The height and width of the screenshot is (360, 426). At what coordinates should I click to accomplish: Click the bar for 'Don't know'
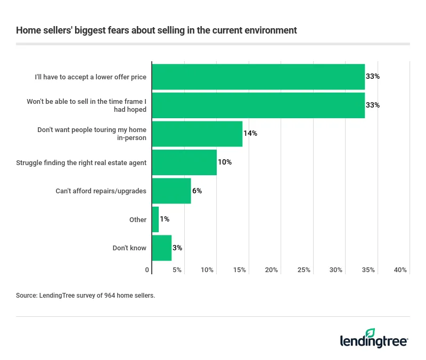(x=162, y=248)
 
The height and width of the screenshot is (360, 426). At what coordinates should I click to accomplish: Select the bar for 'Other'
(x=155, y=219)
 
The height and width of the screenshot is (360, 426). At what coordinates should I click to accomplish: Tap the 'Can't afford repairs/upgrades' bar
(x=171, y=191)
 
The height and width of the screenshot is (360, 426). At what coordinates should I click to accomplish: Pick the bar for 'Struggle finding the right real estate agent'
(x=184, y=162)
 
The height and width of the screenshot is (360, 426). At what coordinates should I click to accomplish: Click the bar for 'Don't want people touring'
(x=197, y=134)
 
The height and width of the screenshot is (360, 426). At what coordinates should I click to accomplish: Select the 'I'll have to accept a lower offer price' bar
(x=258, y=77)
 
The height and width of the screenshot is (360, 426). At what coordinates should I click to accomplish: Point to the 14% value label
(x=250, y=134)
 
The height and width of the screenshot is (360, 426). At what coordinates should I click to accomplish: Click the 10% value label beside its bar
(x=225, y=162)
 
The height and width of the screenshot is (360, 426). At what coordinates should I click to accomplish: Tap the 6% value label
(x=197, y=191)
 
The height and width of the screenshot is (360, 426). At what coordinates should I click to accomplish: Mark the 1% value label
(x=165, y=219)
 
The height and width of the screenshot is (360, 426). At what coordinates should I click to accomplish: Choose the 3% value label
(x=178, y=248)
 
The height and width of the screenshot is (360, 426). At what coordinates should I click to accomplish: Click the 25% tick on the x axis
(x=304, y=270)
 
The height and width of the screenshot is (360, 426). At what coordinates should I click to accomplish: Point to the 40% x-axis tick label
(x=400, y=270)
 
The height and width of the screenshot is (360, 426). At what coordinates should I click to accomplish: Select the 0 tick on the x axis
(x=148, y=270)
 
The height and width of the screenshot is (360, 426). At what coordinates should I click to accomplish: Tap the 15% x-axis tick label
(x=239, y=270)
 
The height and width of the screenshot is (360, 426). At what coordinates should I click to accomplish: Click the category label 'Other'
(x=138, y=219)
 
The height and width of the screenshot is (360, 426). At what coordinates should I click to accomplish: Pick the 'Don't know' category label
(x=129, y=248)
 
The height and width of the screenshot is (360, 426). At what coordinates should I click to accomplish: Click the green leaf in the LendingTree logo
(x=371, y=333)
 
